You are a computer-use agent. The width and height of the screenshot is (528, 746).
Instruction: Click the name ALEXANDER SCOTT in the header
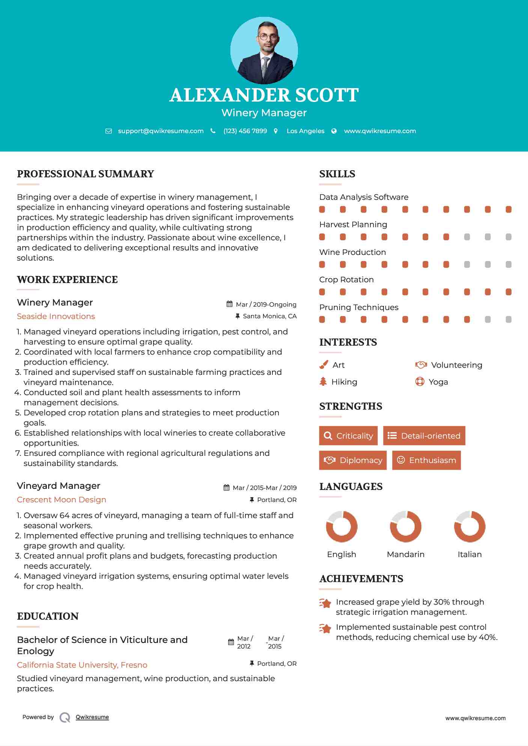(264, 95)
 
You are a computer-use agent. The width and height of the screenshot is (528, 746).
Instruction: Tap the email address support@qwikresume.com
(161, 131)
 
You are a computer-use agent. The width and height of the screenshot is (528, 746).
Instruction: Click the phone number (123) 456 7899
(245, 131)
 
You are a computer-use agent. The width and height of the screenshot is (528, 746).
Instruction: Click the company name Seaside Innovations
(56, 316)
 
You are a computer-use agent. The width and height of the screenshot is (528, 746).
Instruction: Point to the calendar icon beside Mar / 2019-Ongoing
(230, 304)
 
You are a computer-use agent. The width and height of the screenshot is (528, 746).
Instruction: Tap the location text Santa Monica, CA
(269, 316)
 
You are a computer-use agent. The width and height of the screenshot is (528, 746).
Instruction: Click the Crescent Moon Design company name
(62, 500)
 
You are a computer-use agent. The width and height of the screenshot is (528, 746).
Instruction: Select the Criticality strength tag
(348, 436)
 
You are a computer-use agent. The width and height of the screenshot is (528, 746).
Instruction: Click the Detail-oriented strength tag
(424, 436)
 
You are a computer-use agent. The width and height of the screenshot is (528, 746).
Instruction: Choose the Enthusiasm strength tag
(426, 460)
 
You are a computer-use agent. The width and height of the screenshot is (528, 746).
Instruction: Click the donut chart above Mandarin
(405, 526)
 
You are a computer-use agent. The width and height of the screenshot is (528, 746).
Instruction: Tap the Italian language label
(469, 554)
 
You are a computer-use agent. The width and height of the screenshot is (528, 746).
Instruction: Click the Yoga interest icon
(420, 382)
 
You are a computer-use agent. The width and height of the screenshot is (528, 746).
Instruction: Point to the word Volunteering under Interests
(456, 365)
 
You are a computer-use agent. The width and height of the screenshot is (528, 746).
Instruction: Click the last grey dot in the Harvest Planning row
(508, 237)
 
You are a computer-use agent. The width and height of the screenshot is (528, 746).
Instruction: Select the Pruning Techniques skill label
(359, 307)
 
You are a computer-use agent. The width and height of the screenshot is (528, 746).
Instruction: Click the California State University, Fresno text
(82, 665)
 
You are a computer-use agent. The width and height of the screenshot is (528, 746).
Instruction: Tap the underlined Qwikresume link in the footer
(92, 717)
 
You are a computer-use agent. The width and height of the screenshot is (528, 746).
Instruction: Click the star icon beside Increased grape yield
(325, 603)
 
